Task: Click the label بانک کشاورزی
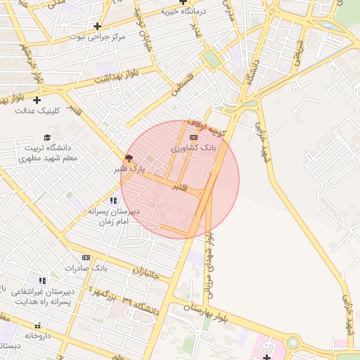click(198, 149)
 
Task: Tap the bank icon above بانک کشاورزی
click(194, 138)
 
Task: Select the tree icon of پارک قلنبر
click(128, 158)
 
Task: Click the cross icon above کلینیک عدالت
click(46, 100)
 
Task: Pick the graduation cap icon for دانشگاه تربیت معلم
click(47, 138)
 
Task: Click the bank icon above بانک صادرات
click(86, 258)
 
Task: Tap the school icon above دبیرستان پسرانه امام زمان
click(113, 201)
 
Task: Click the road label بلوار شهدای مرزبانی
click(209, 268)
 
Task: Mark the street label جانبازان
click(153, 271)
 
